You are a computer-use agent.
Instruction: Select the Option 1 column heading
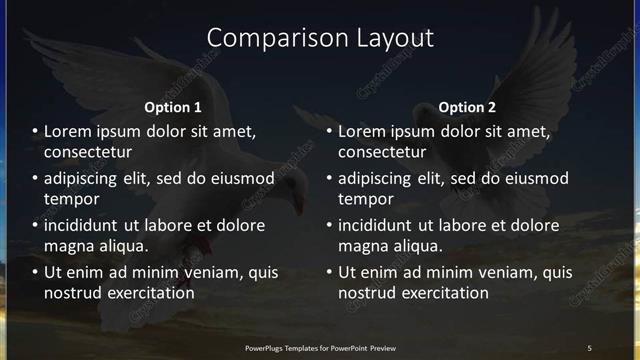pyautogui.click(x=173, y=107)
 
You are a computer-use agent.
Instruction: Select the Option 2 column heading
pyautogui.click(x=467, y=107)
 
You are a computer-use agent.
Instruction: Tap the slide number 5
pyautogui.click(x=589, y=347)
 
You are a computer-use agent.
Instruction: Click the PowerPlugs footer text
pyautogui.click(x=320, y=347)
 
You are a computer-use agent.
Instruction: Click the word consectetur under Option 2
pyautogui.click(x=382, y=152)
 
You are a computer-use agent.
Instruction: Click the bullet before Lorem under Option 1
pyautogui.click(x=35, y=131)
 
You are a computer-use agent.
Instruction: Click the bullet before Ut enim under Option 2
pyautogui.click(x=329, y=272)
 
